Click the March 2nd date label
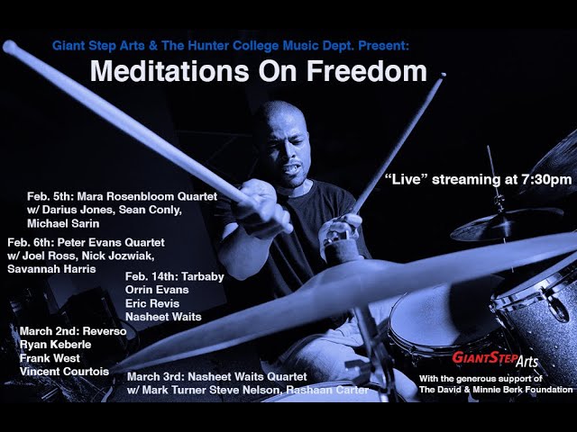click(x=49, y=331)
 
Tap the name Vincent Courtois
click(x=64, y=371)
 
